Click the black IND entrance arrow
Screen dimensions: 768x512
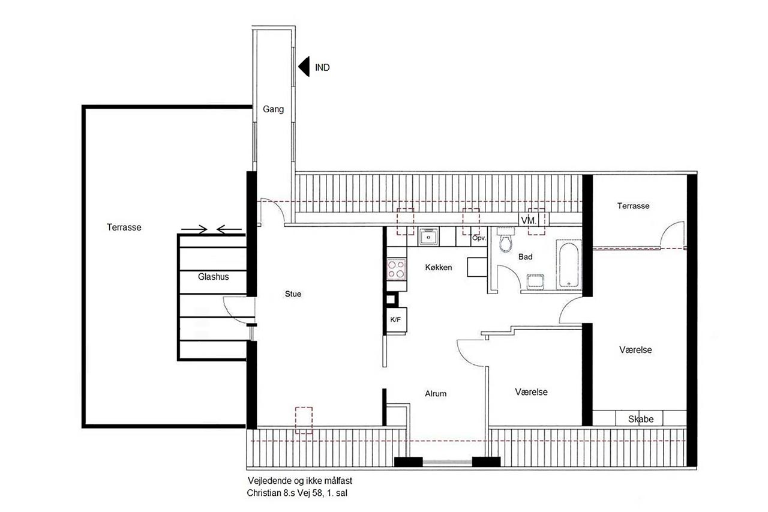point(304,67)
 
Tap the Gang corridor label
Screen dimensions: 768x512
point(273,109)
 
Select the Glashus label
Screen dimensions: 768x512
point(213,277)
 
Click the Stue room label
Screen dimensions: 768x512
point(293,294)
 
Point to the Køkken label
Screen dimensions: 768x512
point(439,267)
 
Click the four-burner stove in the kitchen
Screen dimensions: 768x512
point(397,269)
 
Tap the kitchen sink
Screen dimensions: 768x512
point(428,236)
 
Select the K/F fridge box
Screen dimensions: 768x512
point(397,319)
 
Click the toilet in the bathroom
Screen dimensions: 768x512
point(505,239)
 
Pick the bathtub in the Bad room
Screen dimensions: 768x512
point(568,264)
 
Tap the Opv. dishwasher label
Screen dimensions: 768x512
point(479,238)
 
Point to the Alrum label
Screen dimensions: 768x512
point(436,394)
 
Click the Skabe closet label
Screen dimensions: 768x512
point(640,419)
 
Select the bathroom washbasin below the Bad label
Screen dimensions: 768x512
point(535,282)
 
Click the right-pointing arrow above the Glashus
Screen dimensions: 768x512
point(194,229)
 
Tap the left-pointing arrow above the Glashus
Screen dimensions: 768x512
point(229,229)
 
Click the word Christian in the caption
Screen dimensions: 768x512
point(263,493)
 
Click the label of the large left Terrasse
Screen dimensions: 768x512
point(124,227)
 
